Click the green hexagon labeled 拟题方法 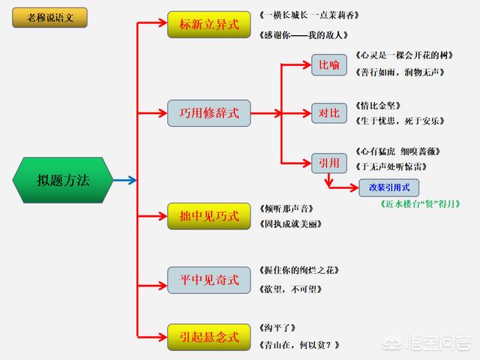click(x=63, y=181)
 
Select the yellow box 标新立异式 click(x=205, y=24)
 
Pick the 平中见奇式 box click(x=209, y=280)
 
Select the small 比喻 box click(x=329, y=64)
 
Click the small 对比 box click(x=329, y=114)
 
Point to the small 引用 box click(x=329, y=163)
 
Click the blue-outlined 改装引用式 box click(x=388, y=187)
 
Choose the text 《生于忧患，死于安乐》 click(x=401, y=121)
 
